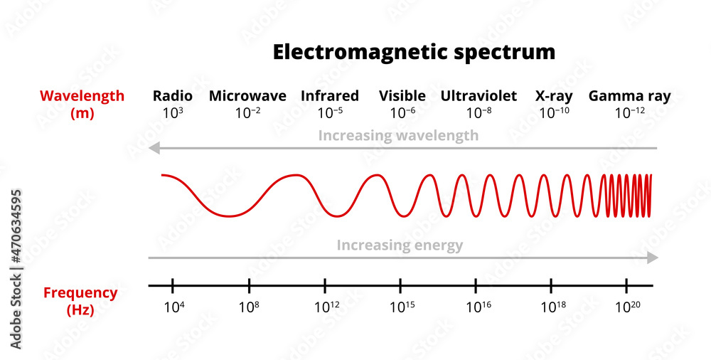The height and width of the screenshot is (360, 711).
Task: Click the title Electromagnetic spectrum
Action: coord(414,52)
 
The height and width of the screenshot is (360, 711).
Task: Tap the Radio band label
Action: coord(173,96)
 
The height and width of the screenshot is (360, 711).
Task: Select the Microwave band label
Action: coord(247,96)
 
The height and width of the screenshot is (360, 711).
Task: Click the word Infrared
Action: coord(330,96)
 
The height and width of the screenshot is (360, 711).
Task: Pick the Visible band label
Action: coord(402,96)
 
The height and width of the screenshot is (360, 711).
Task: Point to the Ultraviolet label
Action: coord(479,96)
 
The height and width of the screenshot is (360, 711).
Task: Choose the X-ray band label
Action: coord(554,96)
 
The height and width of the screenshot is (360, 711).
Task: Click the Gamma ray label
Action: coord(629,96)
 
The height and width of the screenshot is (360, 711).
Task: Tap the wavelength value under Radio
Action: coord(173,112)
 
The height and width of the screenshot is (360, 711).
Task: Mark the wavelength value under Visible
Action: coord(403,112)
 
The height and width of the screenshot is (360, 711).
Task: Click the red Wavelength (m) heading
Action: coord(82,104)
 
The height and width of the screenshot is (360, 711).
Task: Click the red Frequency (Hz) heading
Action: coord(80,301)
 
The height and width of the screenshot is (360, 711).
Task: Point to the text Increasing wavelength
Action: coord(398,135)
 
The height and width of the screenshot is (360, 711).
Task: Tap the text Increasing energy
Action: coord(400,245)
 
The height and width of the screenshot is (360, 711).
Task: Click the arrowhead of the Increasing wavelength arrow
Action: coord(153,148)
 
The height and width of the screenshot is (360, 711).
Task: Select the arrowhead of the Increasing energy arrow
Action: coord(653,258)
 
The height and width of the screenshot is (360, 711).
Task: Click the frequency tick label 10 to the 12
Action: coord(326,307)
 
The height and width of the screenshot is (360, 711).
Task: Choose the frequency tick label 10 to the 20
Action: coord(626,307)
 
